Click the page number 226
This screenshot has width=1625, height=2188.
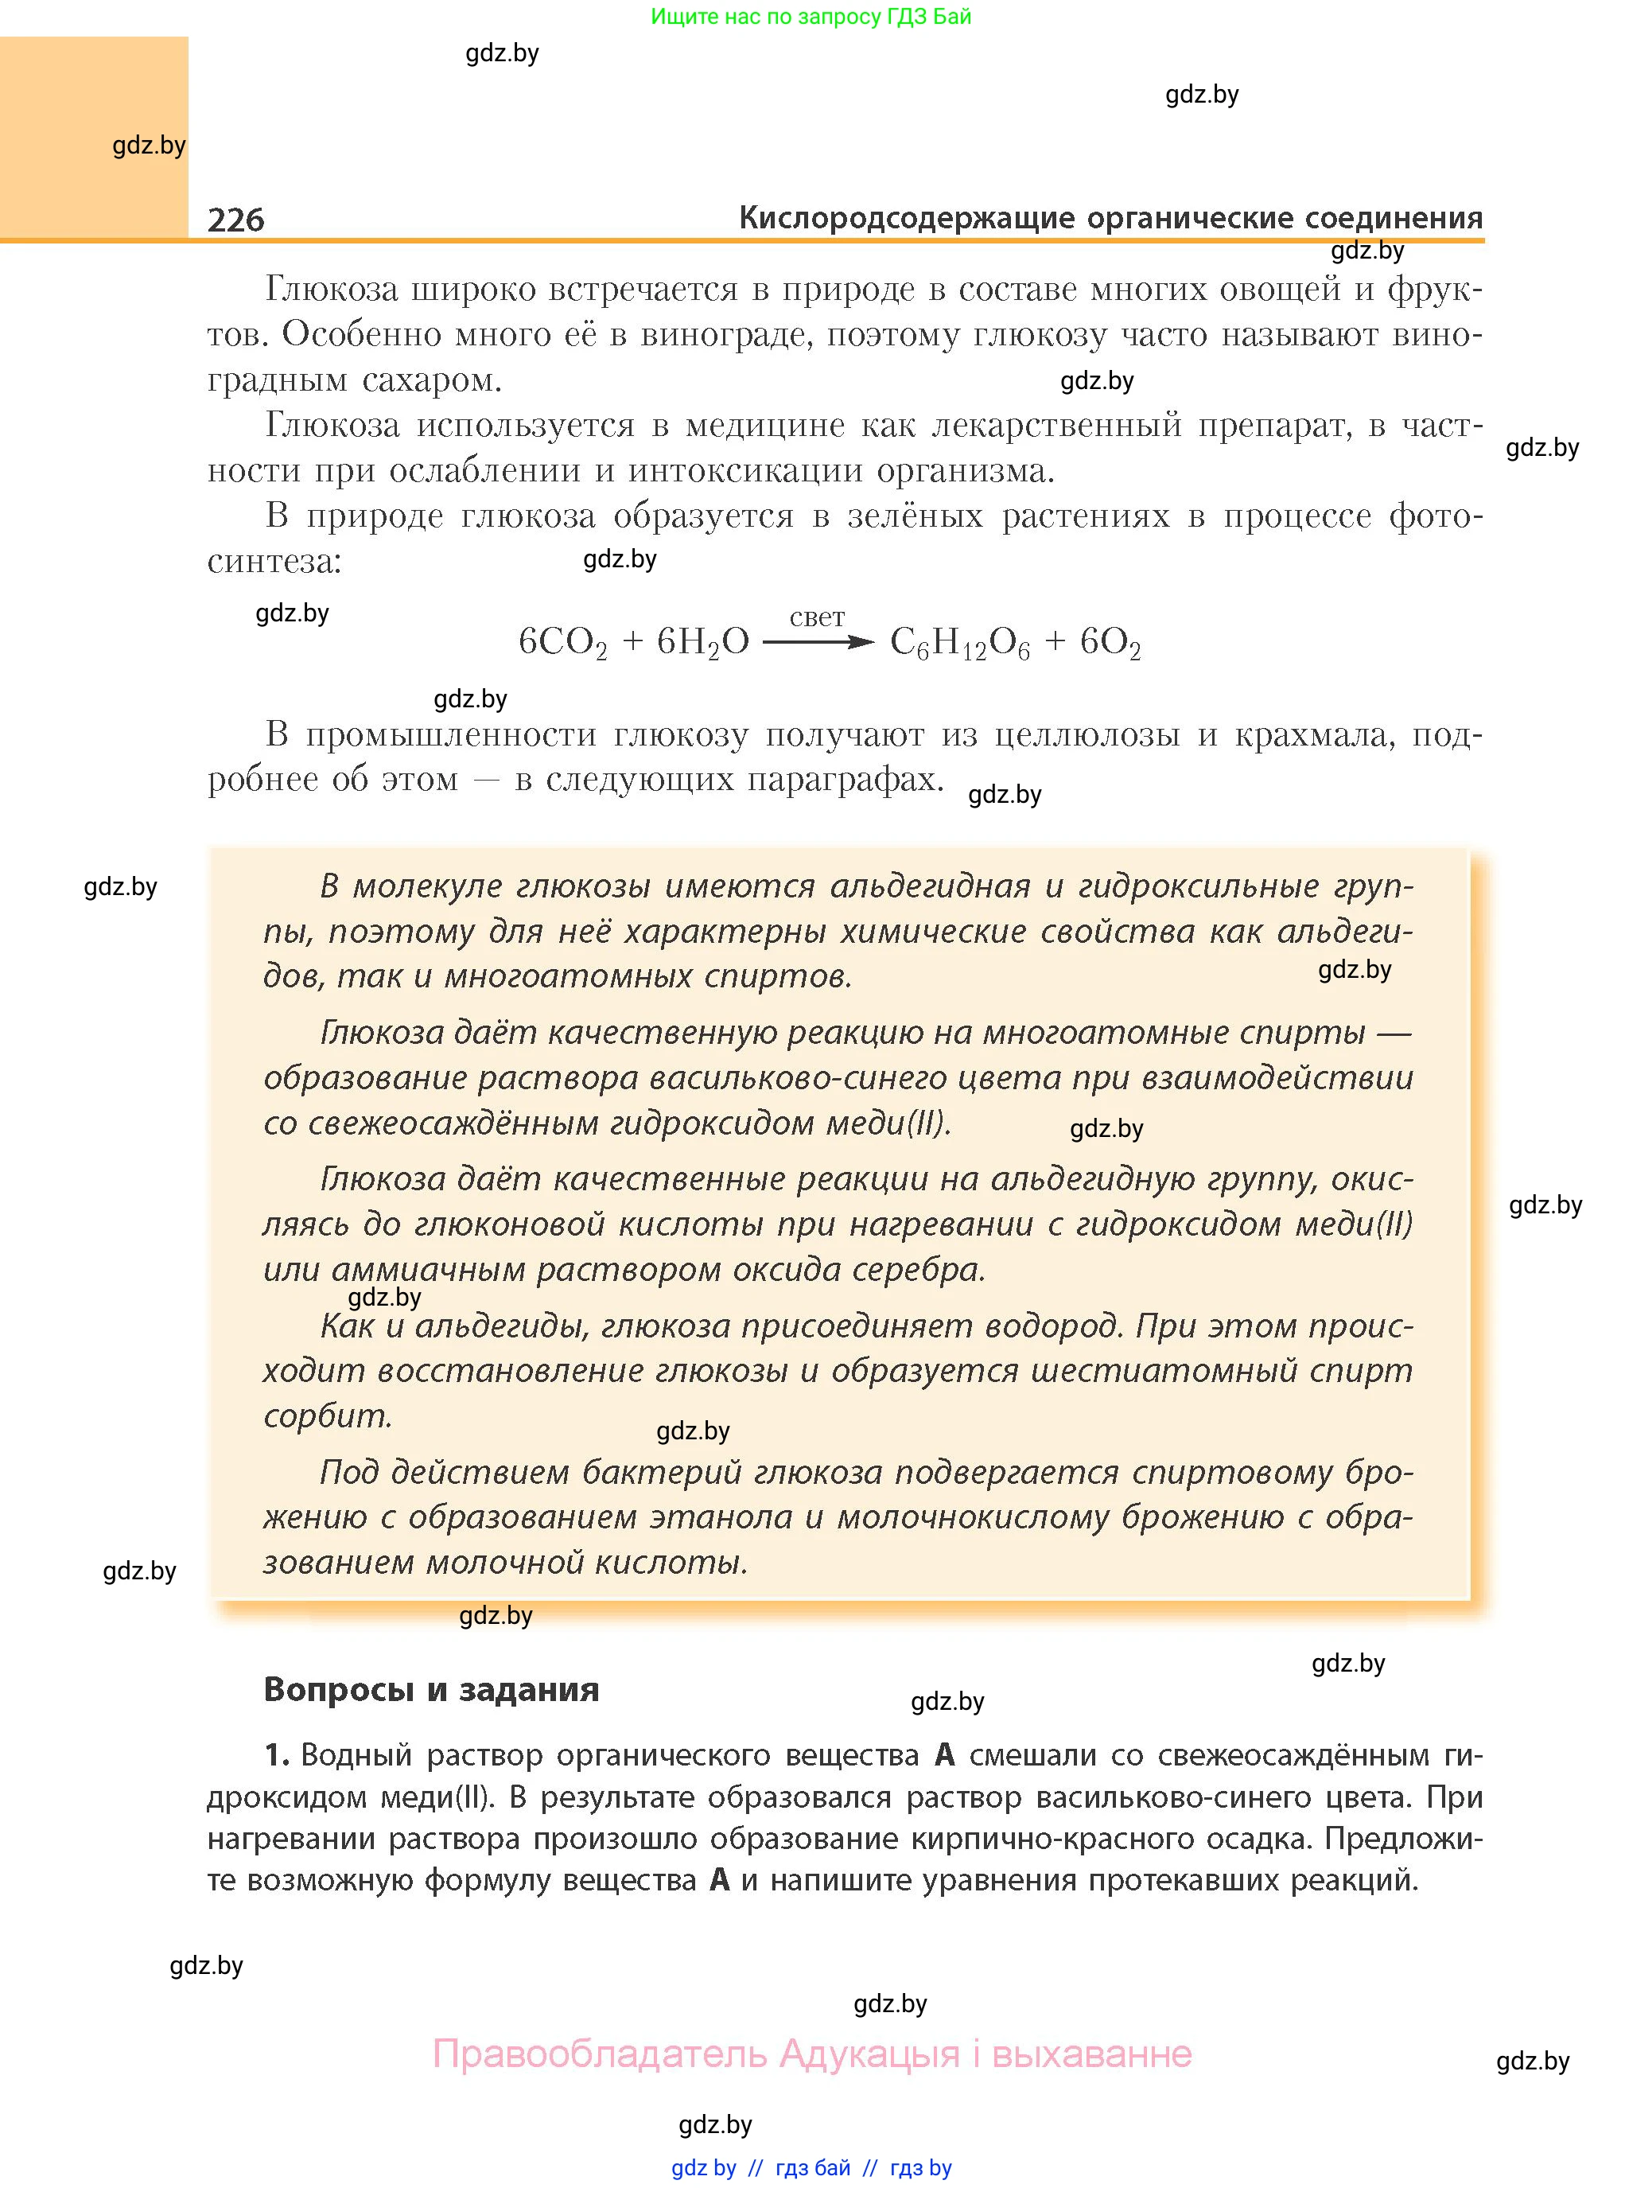(x=236, y=220)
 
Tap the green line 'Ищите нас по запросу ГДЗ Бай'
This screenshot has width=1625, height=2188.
(x=811, y=17)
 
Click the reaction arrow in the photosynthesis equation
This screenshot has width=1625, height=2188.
(x=818, y=642)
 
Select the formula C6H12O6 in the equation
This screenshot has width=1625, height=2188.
(x=959, y=644)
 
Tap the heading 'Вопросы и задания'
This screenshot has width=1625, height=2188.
(x=431, y=1688)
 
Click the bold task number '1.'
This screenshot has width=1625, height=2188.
(x=277, y=1754)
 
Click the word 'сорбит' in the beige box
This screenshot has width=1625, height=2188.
(x=327, y=1415)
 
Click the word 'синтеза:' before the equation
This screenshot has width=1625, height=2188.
(x=274, y=561)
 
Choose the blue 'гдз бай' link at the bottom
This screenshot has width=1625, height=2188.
(x=813, y=2167)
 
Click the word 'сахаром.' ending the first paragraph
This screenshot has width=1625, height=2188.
(x=433, y=380)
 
